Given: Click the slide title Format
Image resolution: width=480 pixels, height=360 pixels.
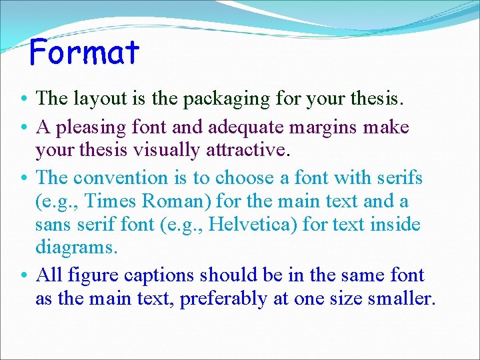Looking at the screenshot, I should (85, 52).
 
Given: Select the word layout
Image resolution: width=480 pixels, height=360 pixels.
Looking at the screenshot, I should (95, 99).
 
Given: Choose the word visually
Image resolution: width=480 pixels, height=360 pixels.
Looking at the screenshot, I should (163, 151).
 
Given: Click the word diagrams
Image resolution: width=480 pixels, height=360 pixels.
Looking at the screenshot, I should (77, 248).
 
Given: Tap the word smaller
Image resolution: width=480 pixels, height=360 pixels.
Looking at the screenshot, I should (401, 299).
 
